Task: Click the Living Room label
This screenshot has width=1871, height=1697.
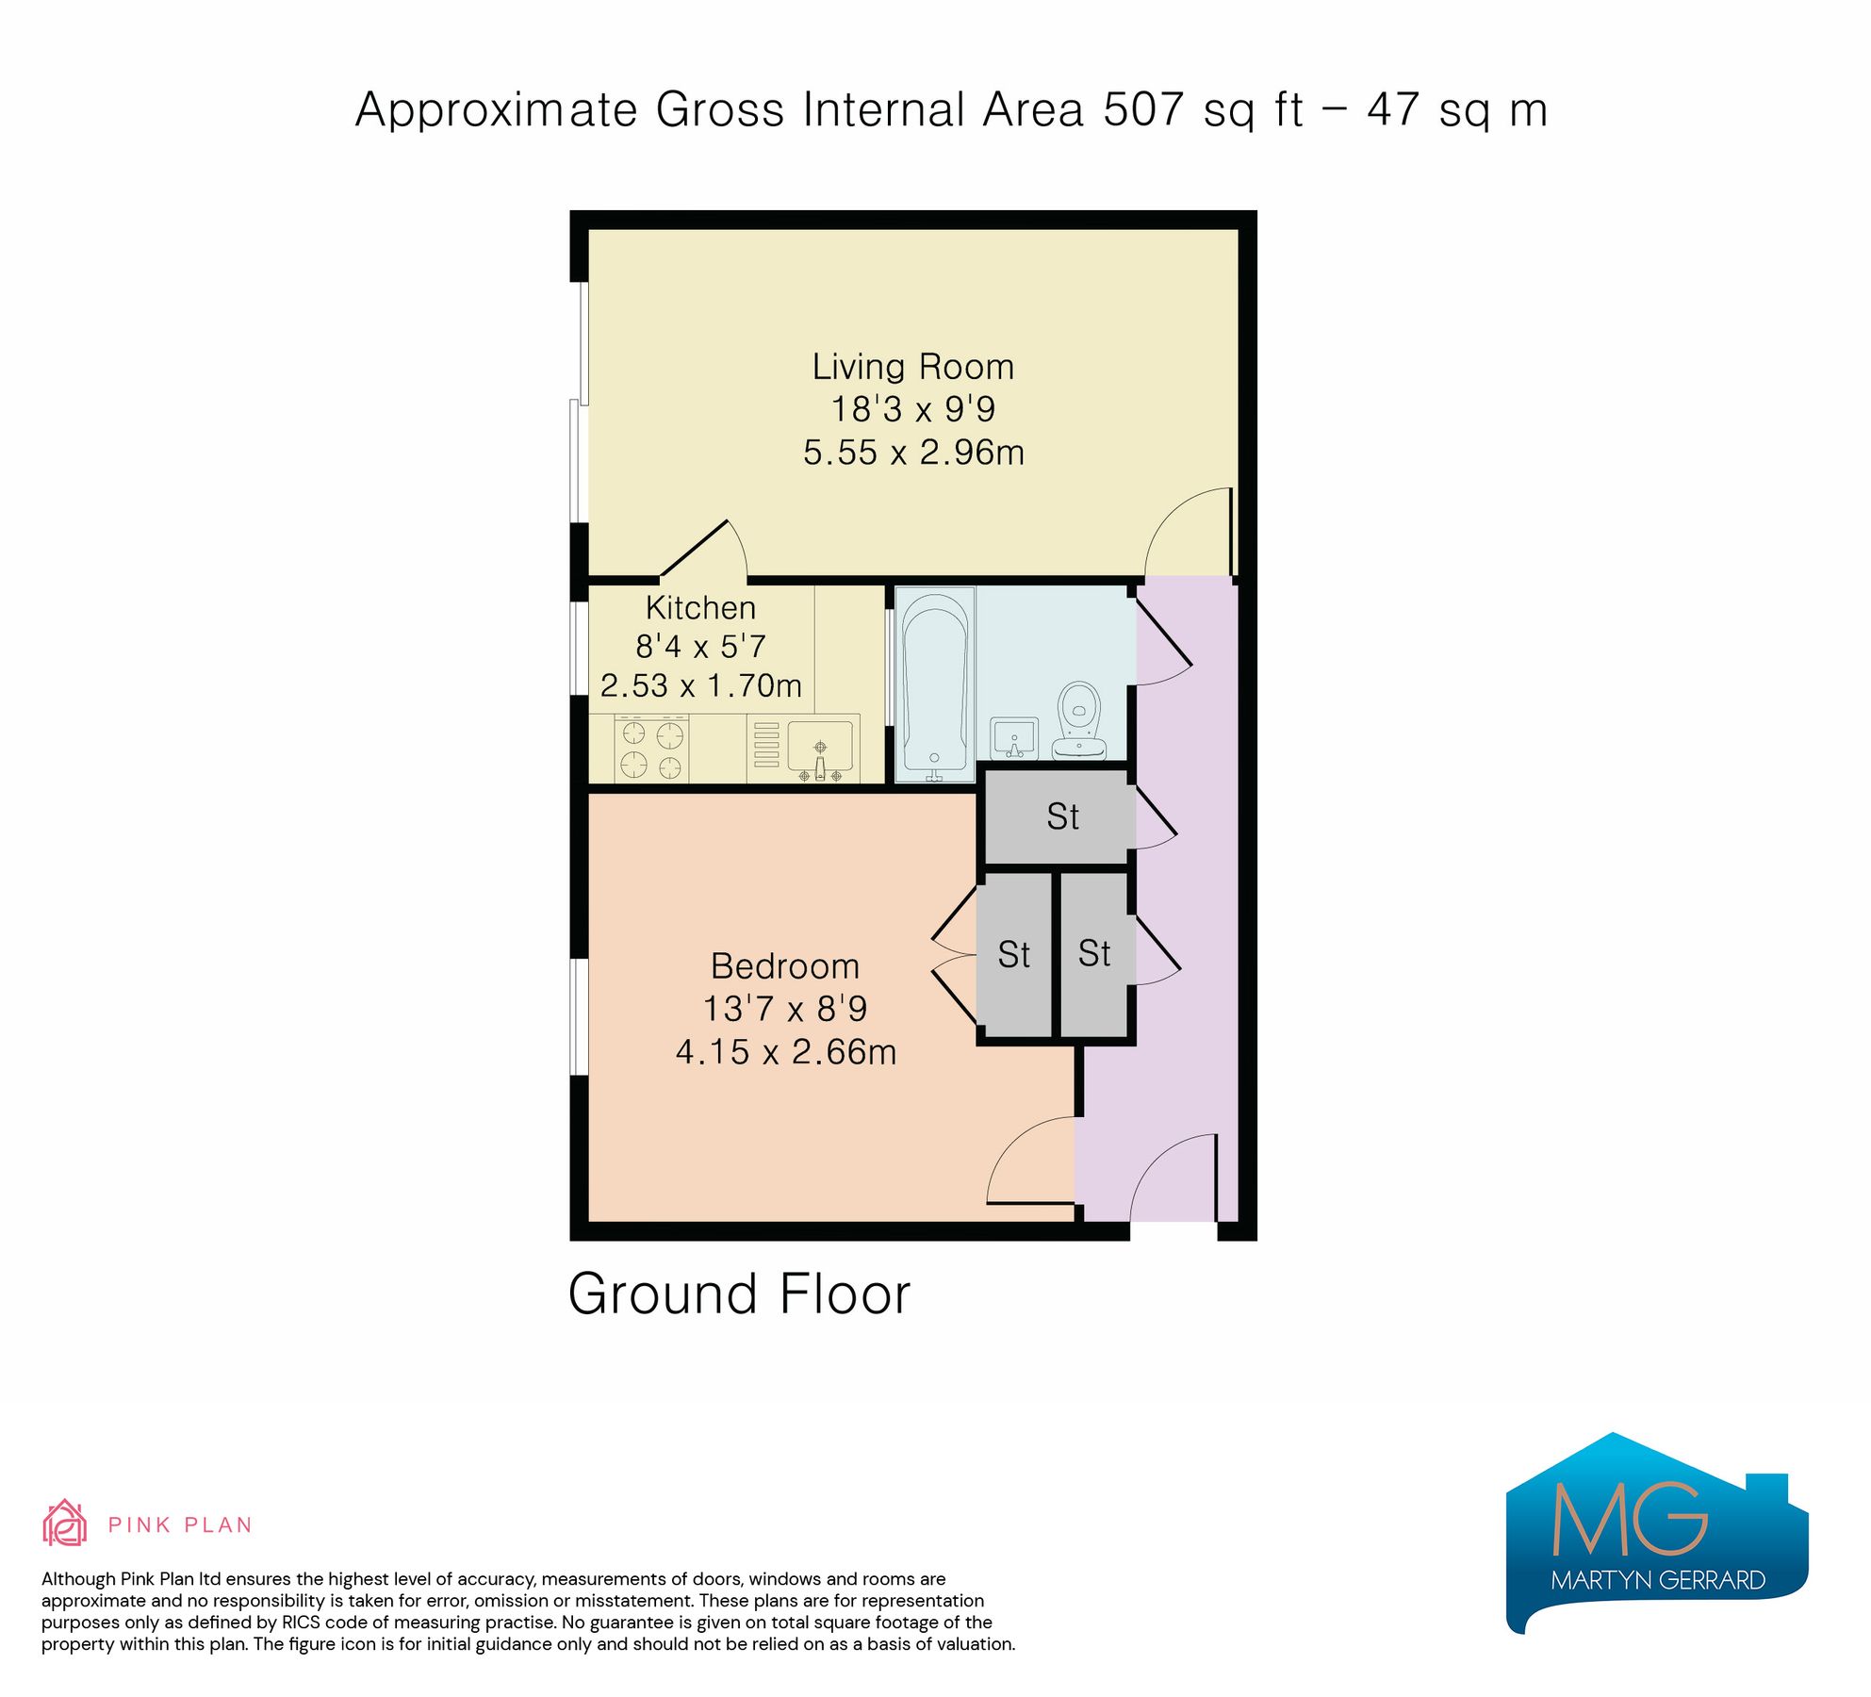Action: coord(912,367)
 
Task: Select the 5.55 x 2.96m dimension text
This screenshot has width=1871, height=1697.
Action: coord(912,453)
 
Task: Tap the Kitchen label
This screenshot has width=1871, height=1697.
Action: coord(700,608)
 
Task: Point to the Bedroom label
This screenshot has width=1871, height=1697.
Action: coord(784,966)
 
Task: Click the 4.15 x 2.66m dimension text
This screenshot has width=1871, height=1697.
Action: coord(785,1052)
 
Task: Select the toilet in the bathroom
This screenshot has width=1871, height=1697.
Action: coord(1079,721)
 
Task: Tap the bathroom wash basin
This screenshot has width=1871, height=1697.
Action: coord(1014,737)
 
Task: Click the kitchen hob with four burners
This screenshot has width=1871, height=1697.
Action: coord(651,749)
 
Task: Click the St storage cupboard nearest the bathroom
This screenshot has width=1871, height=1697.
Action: coord(1061,816)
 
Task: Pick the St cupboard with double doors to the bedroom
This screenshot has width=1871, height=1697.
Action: coord(1013,954)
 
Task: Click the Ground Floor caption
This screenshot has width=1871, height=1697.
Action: coord(739,1293)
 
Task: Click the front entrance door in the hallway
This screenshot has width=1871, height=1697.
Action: coord(1173,1178)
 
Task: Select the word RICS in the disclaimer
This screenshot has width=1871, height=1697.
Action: coord(301,1623)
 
